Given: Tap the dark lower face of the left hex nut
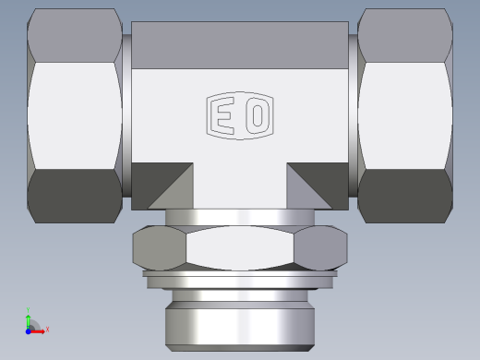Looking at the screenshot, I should point(76,194).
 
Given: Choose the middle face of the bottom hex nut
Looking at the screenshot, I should point(240,247).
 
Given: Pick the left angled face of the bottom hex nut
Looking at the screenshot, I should point(159,247).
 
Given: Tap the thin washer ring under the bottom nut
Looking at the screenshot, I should point(240,274).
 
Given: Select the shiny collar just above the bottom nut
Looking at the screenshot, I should point(240,217).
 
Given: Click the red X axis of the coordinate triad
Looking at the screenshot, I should point(42,330).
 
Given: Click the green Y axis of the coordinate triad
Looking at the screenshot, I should point(29,317).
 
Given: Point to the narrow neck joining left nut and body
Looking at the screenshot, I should point(126,114).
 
